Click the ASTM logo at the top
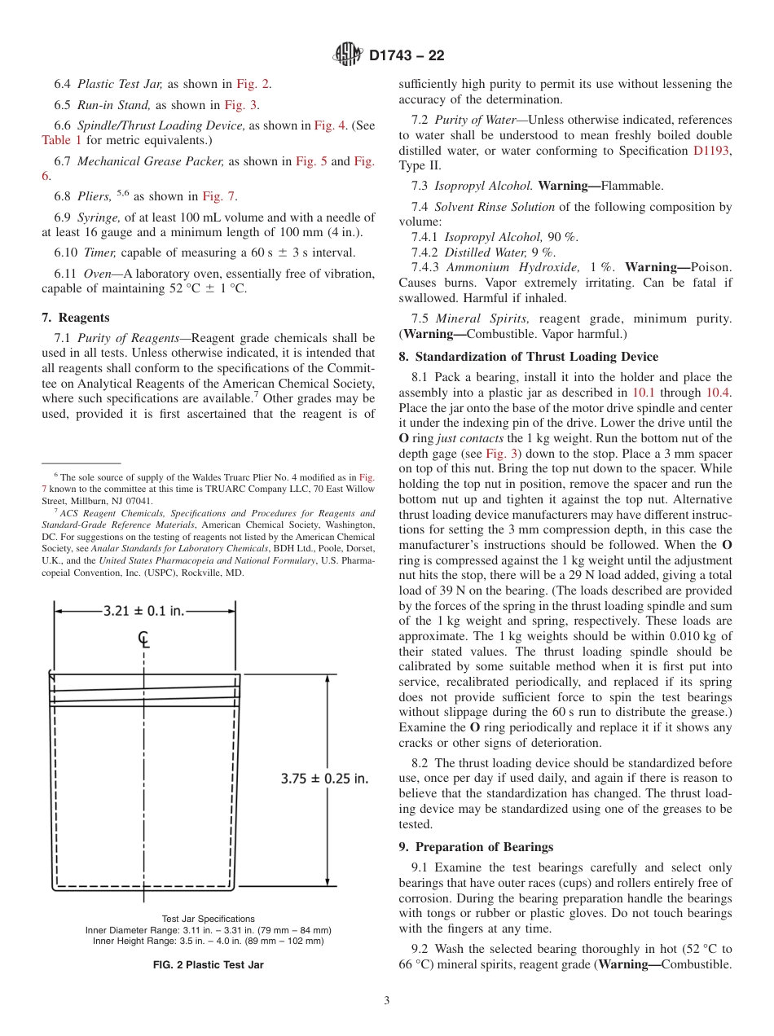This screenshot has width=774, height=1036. click(x=348, y=55)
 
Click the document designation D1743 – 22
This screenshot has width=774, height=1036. click(x=407, y=56)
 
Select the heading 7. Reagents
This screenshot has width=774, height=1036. click(x=75, y=318)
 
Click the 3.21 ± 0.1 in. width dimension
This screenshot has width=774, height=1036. click(x=143, y=611)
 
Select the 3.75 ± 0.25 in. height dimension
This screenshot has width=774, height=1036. click(x=324, y=778)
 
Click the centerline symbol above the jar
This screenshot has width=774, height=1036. click(x=143, y=639)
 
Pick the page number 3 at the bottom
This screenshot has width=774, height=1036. click(x=387, y=1000)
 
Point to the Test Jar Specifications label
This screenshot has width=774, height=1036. click(x=208, y=919)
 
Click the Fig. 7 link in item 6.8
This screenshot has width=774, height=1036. click(x=219, y=196)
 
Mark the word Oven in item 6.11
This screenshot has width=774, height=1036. click(x=97, y=274)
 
